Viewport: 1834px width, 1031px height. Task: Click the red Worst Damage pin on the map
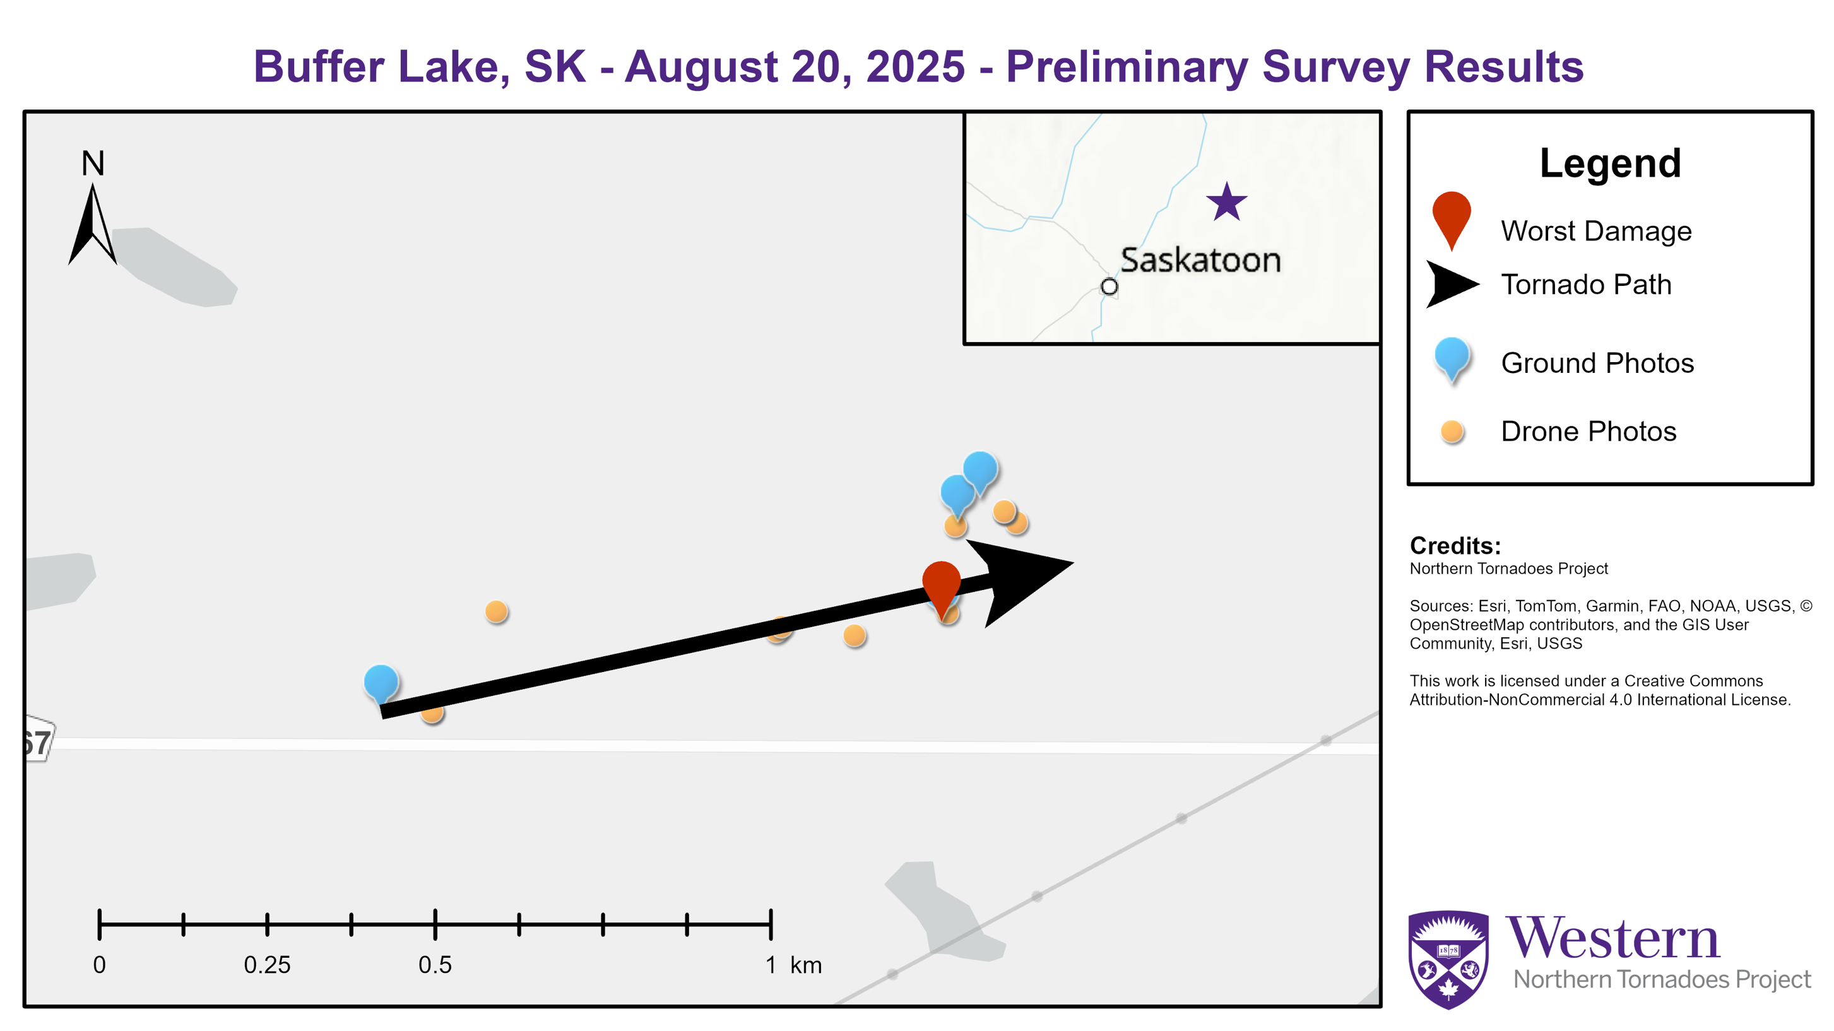point(941,587)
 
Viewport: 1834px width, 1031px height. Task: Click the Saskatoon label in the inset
point(1200,260)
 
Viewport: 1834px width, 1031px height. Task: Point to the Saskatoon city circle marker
point(1109,287)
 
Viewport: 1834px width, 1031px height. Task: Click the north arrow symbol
point(93,223)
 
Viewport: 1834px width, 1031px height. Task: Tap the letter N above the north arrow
point(93,164)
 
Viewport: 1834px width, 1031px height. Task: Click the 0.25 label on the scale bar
point(267,965)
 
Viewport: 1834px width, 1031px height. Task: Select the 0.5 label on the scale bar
point(435,965)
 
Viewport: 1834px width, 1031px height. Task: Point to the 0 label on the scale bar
point(100,965)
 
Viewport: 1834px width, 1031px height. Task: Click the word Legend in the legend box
point(1611,164)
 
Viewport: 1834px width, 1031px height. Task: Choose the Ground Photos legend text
point(1597,363)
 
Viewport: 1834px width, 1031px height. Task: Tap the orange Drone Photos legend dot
point(1452,432)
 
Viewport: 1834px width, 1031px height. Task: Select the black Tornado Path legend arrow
point(1452,284)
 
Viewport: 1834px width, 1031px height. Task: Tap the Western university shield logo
point(1448,959)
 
